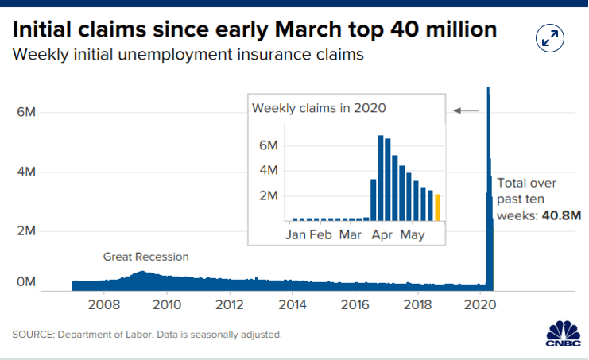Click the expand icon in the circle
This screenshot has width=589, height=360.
click(550, 38)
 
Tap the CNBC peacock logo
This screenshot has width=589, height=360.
click(563, 334)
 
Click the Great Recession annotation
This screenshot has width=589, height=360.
click(145, 257)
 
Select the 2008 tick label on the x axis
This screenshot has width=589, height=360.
click(104, 304)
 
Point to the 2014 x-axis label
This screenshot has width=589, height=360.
click(293, 304)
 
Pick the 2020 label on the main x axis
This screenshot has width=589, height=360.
click(480, 304)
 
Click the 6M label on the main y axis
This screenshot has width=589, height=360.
click(26, 112)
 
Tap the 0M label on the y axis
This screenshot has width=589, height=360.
click(26, 281)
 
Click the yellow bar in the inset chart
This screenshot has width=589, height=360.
click(437, 207)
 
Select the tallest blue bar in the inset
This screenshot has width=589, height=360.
click(381, 178)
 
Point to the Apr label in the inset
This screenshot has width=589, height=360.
click(382, 235)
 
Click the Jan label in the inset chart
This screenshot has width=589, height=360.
click(295, 235)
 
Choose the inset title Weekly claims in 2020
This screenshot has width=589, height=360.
click(319, 108)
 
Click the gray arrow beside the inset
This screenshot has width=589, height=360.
click(466, 110)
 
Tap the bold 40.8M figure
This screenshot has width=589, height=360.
click(562, 215)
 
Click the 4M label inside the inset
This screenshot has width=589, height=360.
click(268, 170)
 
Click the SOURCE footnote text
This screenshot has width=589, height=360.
click(147, 335)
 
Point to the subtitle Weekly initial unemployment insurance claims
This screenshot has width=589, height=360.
click(188, 55)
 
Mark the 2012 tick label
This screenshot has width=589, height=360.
click(229, 304)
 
